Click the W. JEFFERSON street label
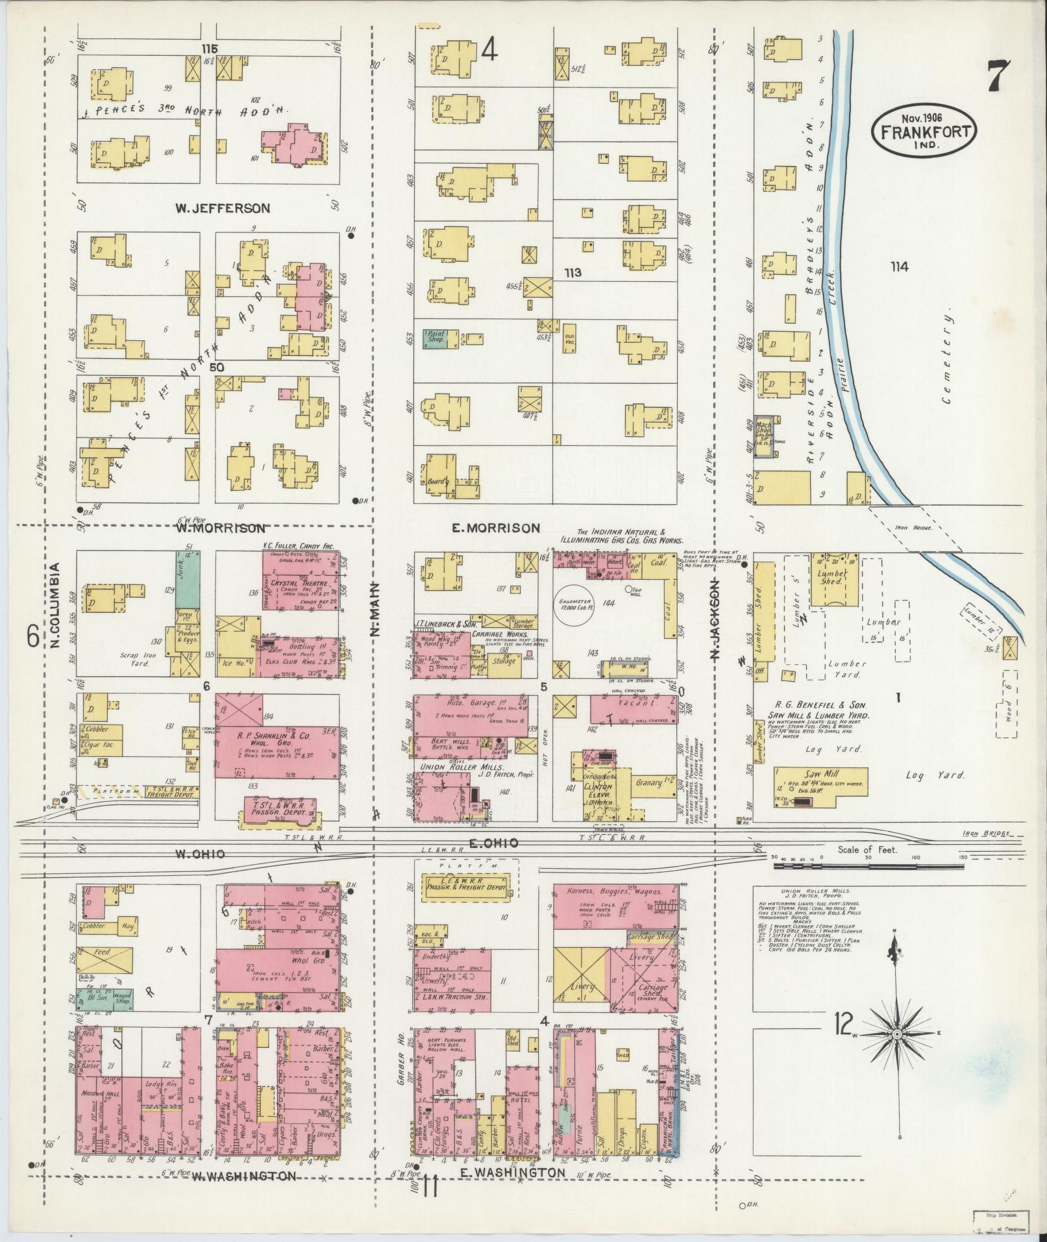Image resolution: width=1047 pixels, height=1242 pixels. [221, 208]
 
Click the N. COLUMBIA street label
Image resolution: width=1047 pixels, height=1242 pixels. [56, 604]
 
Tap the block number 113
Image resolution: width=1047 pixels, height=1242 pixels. [573, 273]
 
